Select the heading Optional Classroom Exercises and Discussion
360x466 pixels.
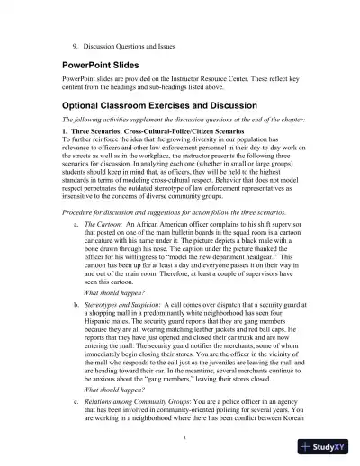pyautogui.click(x=157, y=105)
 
